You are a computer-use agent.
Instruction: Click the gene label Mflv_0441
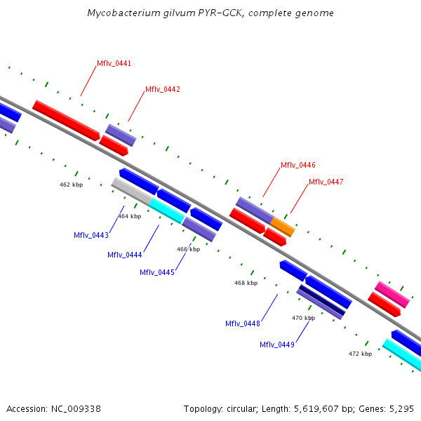click(x=114, y=63)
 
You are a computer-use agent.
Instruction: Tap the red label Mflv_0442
click(x=163, y=89)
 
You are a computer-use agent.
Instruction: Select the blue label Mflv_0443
click(x=91, y=235)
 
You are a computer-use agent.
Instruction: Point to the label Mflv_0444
click(x=125, y=255)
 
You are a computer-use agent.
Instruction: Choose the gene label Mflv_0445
click(x=157, y=272)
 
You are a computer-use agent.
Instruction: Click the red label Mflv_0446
click(x=298, y=165)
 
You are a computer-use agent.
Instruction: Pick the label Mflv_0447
click(x=326, y=182)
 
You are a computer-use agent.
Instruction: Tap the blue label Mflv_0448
click(x=243, y=323)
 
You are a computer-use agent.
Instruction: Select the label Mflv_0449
click(x=277, y=345)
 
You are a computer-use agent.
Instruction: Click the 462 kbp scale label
click(x=71, y=185)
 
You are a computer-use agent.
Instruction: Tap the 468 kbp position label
click(x=246, y=283)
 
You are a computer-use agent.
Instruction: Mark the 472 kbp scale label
click(x=360, y=354)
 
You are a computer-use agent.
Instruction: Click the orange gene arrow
click(x=283, y=227)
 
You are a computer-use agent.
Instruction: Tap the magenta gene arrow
click(x=392, y=295)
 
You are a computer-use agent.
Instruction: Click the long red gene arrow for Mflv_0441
click(x=67, y=120)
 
